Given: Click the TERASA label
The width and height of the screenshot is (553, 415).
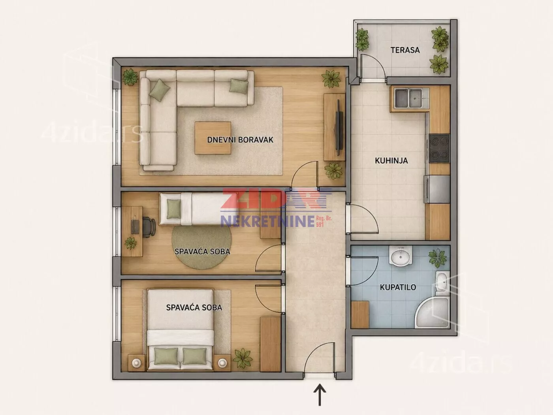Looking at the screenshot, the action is point(405,50).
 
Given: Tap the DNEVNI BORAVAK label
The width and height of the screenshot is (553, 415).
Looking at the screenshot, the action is point(240,140).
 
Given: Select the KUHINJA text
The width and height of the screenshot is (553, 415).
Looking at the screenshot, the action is point(391,161).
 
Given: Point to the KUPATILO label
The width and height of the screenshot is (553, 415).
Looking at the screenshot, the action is point(398,287).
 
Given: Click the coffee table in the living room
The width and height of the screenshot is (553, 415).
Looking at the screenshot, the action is point(213,138).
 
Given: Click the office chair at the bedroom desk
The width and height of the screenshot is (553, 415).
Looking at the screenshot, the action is point(149,227).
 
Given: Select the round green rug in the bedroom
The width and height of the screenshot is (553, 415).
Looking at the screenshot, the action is point(201,247).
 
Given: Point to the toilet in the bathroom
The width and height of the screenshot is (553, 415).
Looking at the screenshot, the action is point(442,284).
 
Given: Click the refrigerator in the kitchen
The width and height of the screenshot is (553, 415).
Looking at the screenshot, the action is point(437,189).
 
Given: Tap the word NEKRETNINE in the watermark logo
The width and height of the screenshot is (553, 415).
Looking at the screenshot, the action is point(267,221).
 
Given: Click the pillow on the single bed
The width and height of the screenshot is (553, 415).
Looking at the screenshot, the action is point(174,209).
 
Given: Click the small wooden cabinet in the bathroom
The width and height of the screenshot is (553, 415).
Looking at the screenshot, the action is point(360,314).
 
